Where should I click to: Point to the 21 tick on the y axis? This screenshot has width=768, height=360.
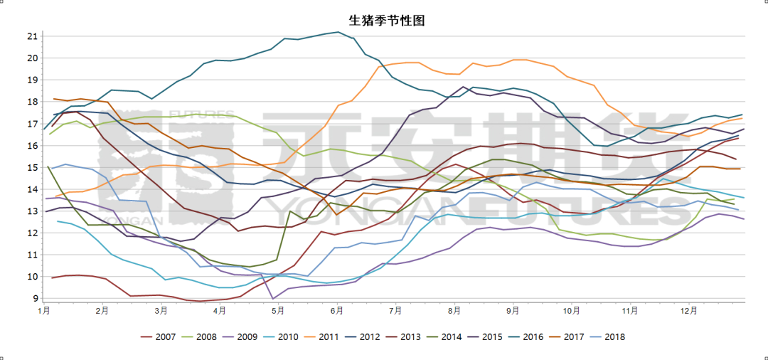coord(32,36)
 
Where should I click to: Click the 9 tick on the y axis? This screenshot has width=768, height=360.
coord(34,299)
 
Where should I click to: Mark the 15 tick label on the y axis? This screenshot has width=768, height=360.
coord(32,168)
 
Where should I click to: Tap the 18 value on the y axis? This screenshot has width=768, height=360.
coord(32,102)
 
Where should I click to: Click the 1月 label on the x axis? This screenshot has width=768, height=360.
coord(44,311)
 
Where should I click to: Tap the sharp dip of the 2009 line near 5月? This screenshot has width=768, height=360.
coord(272,299)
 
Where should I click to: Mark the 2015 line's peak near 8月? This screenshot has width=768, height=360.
coord(464,87)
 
